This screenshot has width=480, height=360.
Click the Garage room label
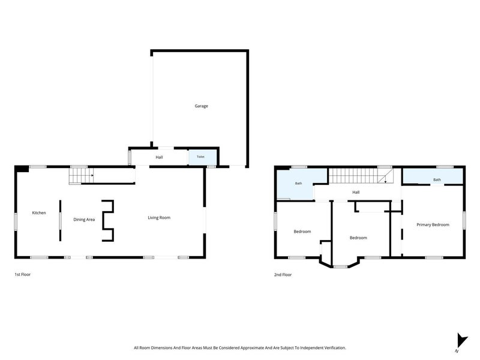click(201, 106)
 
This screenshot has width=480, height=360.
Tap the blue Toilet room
click(202, 157)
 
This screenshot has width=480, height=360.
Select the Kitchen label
click(39, 213)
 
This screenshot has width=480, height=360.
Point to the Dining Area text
click(84, 220)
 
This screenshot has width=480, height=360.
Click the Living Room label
click(159, 218)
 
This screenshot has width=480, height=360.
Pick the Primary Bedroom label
click(433, 224)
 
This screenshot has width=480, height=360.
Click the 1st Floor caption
click(23, 275)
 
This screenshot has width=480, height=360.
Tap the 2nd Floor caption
click(283, 275)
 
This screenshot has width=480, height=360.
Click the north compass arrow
click(461, 340)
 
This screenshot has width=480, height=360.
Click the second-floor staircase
click(361, 176)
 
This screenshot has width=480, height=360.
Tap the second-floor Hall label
click(356, 192)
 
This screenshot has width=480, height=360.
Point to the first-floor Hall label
click(159, 157)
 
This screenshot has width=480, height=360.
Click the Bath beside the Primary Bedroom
click(437, 179)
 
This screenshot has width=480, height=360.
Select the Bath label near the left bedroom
click(298, 184)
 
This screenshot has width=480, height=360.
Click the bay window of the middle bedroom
click(340, 266)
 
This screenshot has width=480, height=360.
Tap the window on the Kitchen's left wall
click(16, 221)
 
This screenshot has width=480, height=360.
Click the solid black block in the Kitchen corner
click(22, 169)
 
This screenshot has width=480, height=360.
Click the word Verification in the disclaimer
click(335, 348)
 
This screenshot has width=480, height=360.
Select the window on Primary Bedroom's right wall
click(464, 220)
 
